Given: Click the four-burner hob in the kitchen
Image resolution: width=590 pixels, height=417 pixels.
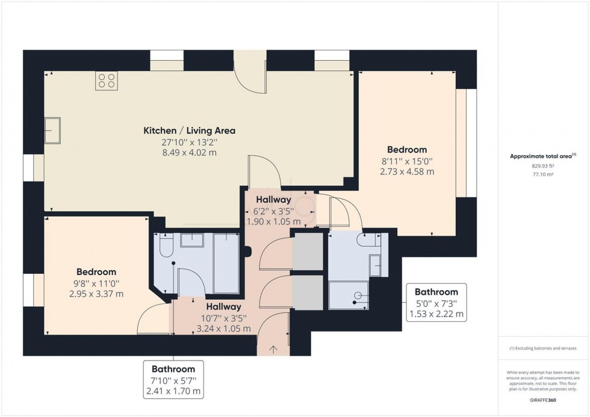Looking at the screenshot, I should click(x=107, y=81).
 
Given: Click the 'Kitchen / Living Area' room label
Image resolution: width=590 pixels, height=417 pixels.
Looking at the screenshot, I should click(x=188, y=131).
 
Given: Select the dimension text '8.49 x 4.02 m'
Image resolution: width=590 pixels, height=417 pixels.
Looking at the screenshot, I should click(x=188, y=153).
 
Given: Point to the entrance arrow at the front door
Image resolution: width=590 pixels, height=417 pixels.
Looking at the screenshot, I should click(x=273, y=348).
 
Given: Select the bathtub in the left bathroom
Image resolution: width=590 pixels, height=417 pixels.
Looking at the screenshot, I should click(x=226, y=264).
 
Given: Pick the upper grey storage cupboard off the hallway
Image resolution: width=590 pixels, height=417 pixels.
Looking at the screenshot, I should click(x=308, y=250).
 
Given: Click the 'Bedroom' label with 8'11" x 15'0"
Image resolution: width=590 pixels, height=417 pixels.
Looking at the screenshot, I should click(x=407, y=150).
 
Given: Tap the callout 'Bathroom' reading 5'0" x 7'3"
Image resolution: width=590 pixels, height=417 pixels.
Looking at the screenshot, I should click(x=436, y=292).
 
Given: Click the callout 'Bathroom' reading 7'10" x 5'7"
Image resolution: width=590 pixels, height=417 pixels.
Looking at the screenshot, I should click(x=173, y=369).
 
